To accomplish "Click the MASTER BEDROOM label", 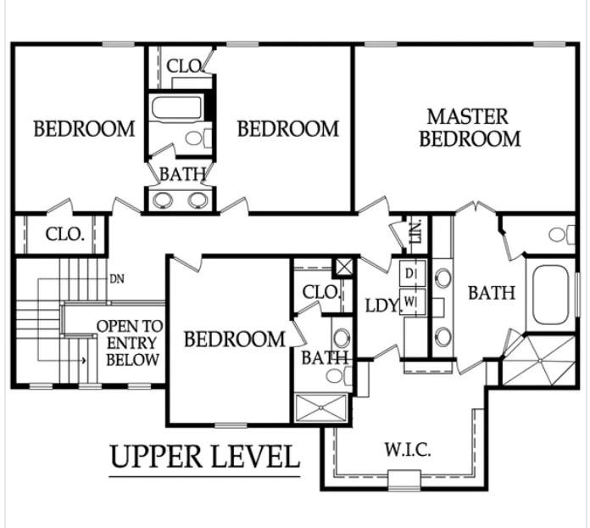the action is pos(470,128).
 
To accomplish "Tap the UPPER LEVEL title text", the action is pos(205,457).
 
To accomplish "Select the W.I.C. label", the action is pos(408,450).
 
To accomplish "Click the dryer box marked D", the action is pos(412,274).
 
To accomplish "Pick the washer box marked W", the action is pos(412,301).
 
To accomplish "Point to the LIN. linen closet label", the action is pos(416,232).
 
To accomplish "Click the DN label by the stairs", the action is pos(117,279).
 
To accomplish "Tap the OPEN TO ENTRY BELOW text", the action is pos(131,343).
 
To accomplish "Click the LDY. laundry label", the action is pos(381,306).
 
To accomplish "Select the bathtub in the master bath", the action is pos(551,295).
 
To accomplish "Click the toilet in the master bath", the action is pos(562,234).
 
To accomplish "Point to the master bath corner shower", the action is pos(539,361).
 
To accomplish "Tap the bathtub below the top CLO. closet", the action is pos(176,107).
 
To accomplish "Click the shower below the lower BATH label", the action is pos(320,407).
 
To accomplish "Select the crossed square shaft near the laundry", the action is pos(344,267).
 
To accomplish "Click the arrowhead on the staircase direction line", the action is pos(84,361).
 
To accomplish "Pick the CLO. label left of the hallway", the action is pos(64,234).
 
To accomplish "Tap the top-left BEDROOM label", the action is pos(84,128).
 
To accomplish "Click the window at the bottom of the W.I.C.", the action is pos(404,480).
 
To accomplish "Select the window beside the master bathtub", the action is pos(577,295).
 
